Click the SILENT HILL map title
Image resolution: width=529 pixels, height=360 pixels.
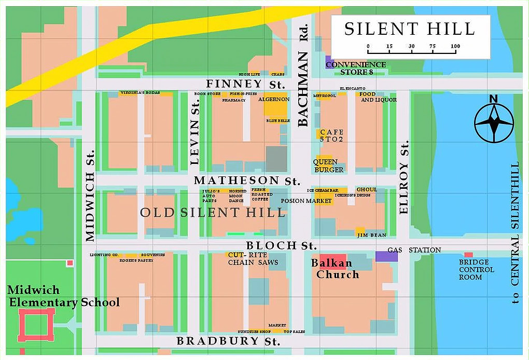point(409,29)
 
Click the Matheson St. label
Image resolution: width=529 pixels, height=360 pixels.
point(247,181)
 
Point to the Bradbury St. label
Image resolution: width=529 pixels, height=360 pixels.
point(228,341)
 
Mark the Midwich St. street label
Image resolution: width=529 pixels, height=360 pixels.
point(90,196)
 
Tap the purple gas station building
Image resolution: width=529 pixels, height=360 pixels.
point(386,256)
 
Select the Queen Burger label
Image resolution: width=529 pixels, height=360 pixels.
point(328,166)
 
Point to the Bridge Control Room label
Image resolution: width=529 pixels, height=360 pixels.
point(476,270)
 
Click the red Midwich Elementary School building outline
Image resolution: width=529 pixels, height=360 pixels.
point(36,325)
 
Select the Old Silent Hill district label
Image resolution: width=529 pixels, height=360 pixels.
point(213,213)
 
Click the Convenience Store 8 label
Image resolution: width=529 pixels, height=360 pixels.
point(363,68)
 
